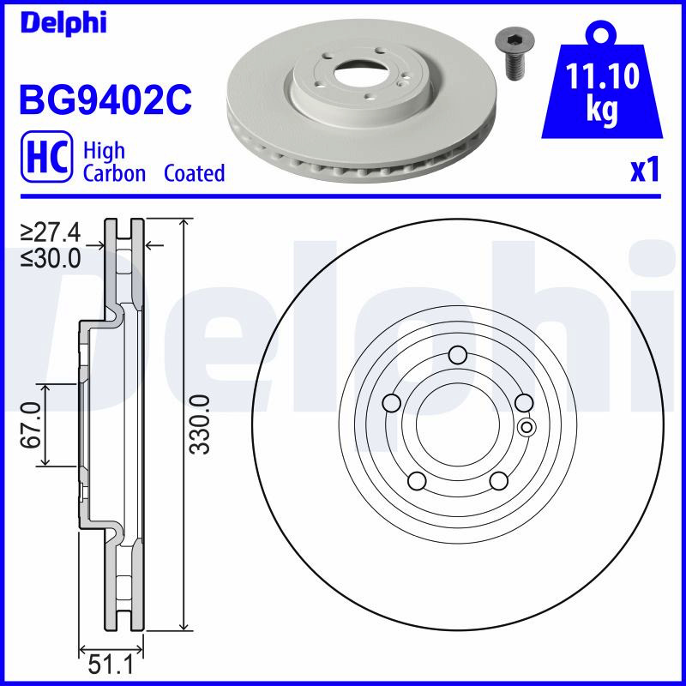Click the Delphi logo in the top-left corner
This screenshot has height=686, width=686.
[63, 22]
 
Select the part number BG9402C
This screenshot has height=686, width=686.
[105, 99]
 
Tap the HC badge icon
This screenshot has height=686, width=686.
[46, 156]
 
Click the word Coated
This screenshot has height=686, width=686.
[195, 173]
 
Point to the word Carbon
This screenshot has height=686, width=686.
[114, 173]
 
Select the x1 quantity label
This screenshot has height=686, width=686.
[645, 171]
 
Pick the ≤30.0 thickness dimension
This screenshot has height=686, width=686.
[51, 259]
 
